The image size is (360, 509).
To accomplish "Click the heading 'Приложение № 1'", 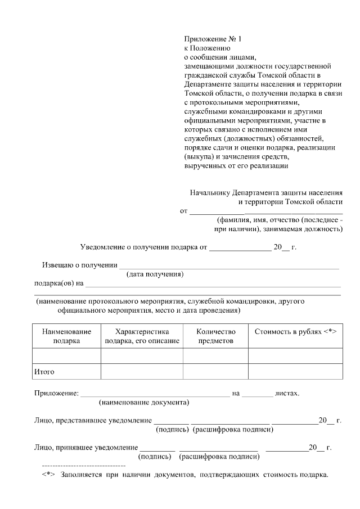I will tap(212, 39).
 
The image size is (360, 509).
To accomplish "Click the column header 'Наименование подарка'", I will tap(66, 336).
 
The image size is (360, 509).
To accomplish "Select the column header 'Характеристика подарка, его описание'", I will tap(142, 336).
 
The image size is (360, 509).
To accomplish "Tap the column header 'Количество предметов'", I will tap(215, 336).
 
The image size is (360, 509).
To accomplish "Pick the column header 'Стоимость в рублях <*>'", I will tap(295, 332).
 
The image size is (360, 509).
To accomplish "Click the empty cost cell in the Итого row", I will tap(295, 372).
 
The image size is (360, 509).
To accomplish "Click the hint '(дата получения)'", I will tap(155, 274).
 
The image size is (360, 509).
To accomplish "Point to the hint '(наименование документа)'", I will tap(144, 403).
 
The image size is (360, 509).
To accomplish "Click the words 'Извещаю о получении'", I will tap(80, 265).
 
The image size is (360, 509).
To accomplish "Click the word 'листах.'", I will tap(287, 393).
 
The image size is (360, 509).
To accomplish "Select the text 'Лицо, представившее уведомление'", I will tap(93, 421).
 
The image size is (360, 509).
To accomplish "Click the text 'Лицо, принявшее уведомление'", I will tap(86, 448).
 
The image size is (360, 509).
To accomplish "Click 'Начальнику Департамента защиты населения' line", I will tap(265, 192).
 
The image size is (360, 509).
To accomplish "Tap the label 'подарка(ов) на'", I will tap(59, 283).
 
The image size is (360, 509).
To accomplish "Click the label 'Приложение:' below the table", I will tap(56, 393).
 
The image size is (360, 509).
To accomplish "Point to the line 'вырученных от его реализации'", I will tap(236, 165).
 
